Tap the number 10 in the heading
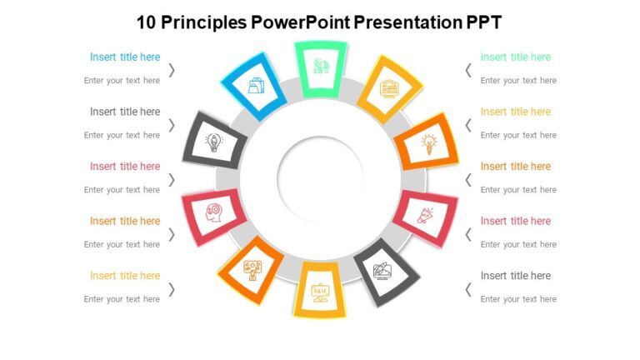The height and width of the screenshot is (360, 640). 147,22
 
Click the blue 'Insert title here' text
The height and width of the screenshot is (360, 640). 125,57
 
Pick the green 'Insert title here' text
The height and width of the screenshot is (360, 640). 516,57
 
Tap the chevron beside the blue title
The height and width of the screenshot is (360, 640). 172,70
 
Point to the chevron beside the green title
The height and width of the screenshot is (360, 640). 468,70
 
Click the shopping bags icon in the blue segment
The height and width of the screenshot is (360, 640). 255,84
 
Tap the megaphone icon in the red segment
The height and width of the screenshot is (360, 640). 425,216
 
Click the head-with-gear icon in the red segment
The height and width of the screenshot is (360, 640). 214,216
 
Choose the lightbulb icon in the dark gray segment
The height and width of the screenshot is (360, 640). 214,142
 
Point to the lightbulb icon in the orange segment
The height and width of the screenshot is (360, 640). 428,143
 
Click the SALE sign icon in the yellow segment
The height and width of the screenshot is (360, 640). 320,291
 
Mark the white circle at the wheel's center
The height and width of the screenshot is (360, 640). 320,177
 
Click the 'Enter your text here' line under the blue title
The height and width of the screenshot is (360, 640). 122,81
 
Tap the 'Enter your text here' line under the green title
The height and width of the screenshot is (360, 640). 518,81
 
